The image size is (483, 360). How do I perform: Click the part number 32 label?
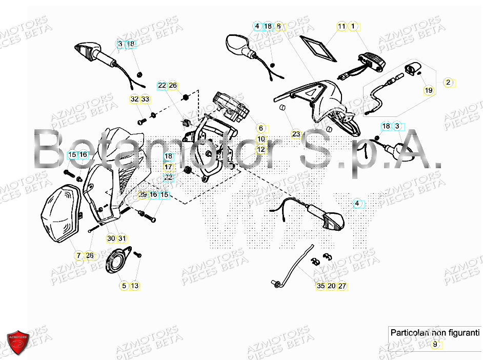click(x=134, y=99)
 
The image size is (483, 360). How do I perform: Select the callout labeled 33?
click(x=145, y=99)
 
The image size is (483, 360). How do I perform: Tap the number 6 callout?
click(x=260, y=128)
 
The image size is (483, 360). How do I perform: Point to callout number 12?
click(x=261, y=149)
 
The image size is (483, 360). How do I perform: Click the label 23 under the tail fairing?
click(x=296, y=134)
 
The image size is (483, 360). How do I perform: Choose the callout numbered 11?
click(x=341, y=26)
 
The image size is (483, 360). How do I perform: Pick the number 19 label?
click(x=428, y=91)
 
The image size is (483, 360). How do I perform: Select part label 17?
click(x=168, y=167)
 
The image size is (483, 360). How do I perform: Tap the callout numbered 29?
click(x=143, y=195)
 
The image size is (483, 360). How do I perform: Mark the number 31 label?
click(x=122, y=238)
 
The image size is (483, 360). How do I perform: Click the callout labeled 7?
click(x=78, y=255)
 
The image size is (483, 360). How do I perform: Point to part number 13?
click(x=134, y=286)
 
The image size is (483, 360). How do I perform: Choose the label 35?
click(x=320, y=286)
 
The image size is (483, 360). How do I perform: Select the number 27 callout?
click(x=342, y=286)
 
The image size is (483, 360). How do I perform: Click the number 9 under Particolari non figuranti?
click(x=435, y=345)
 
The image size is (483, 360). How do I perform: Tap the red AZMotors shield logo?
click(x=18, y=342)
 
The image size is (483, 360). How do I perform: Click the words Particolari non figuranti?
click(x=435, y=332)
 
